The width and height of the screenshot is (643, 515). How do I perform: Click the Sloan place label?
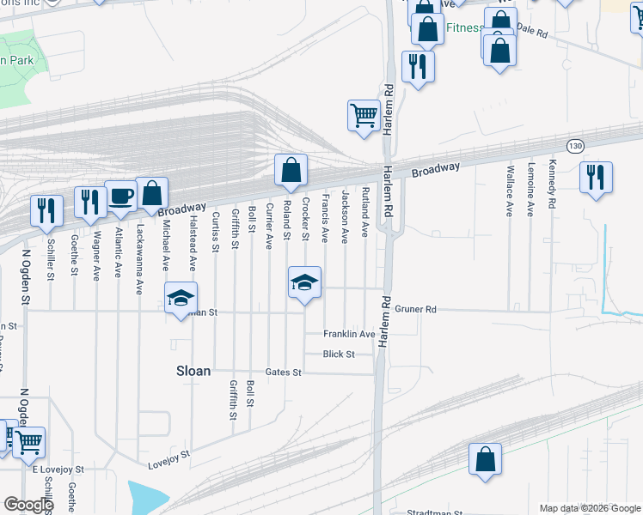(193, 371)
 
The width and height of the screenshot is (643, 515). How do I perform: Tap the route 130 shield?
(575, 146)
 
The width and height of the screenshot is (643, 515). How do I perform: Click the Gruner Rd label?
(416, 309)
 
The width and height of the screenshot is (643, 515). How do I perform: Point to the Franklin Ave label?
(349, 334)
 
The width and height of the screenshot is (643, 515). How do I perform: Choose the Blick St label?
(339, 354)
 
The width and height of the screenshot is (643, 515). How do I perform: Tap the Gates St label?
(284, 373)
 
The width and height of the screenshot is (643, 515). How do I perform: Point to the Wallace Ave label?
(511, 190)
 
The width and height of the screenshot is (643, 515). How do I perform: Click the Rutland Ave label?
(365, 211)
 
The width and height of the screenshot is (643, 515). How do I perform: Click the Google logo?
(28, 505)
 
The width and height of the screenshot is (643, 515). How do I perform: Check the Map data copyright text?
(589, 508)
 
